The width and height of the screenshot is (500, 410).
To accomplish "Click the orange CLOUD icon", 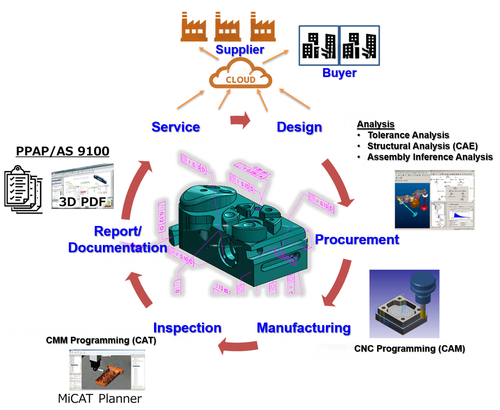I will point(241,75).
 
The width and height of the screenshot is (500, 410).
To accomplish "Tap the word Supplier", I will point(240,50).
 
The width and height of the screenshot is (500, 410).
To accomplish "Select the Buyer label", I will point(339,73).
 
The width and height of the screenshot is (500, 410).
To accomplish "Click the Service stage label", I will point(176,127).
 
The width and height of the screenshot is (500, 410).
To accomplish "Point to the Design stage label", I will point(299,127).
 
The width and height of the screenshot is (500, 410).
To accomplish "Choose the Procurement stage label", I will point(357,239).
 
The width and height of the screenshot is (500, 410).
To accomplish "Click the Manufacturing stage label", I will point(304,328).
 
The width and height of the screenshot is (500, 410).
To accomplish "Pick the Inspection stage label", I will point(187,328).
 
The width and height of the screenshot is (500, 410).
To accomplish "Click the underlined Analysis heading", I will point(376,124).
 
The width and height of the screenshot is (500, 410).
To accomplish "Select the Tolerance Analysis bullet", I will point(408,135).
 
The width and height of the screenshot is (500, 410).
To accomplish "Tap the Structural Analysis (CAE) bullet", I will point(422,146).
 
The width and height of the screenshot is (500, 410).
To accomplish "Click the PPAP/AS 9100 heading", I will point(62,151).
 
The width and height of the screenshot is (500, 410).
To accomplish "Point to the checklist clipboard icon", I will point(23,190).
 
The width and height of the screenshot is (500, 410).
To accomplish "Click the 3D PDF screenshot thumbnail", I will point(82,186).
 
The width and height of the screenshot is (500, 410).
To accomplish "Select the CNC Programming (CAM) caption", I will point(409,349).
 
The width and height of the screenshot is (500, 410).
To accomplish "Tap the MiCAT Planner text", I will point(100,399).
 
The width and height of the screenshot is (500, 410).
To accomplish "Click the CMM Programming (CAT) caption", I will point(101,340).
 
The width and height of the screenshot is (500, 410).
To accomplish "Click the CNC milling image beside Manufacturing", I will point(404,304).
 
